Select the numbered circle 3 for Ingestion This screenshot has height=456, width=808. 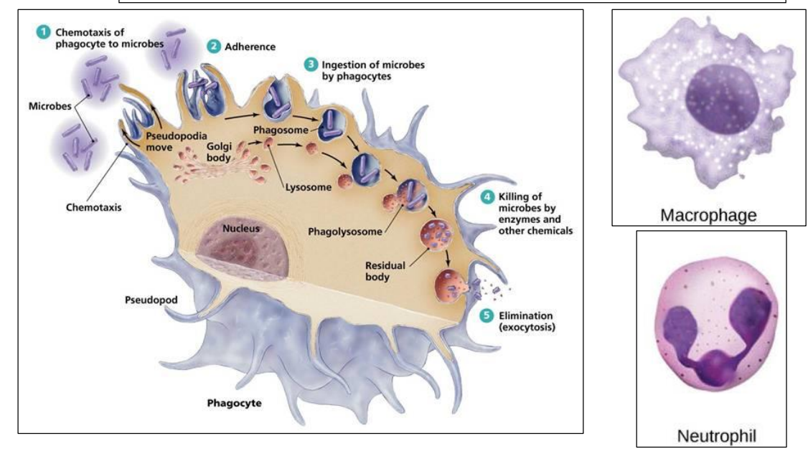pyautogui.click(x=310, y=65)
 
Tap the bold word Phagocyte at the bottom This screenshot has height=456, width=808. pyautogui.click(x=232, y=403)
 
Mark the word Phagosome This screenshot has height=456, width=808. pyautogui.click(x=281, y=131)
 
